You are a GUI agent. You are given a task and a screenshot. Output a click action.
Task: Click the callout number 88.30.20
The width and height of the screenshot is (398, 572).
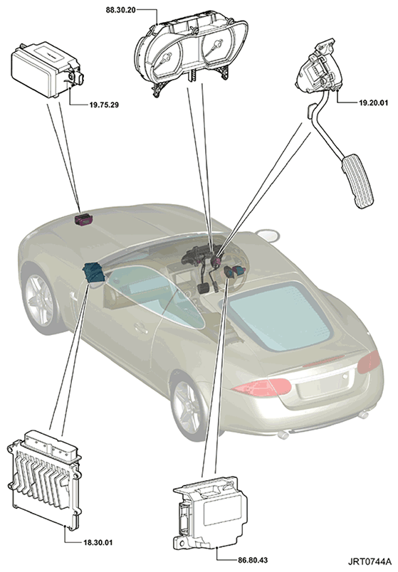(120, 10)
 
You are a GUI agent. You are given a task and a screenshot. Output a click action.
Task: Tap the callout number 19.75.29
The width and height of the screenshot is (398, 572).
(104, 105)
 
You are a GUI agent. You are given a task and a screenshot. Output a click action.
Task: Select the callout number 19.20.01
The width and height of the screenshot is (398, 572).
(373, 103)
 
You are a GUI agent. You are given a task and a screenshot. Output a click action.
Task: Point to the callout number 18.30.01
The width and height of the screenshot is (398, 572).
(98, 542)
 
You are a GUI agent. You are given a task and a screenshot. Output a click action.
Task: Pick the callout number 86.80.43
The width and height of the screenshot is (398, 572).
(253, 560)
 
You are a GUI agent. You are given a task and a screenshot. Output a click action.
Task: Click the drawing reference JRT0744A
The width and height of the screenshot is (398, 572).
(369, 561)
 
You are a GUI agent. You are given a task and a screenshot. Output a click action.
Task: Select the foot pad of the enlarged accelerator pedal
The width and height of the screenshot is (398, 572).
(359, 181)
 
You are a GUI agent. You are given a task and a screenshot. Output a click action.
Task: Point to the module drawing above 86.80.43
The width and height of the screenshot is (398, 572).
(209, 512)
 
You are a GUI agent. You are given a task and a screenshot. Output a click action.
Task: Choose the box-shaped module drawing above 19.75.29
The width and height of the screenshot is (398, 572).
(46, 70)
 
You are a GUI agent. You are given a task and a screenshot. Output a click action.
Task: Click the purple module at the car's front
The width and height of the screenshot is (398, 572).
(83, 220)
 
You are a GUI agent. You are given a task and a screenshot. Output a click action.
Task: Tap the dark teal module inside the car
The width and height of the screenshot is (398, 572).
(94, 272)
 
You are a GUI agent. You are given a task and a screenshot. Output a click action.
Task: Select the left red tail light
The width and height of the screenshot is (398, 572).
(262, 388)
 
